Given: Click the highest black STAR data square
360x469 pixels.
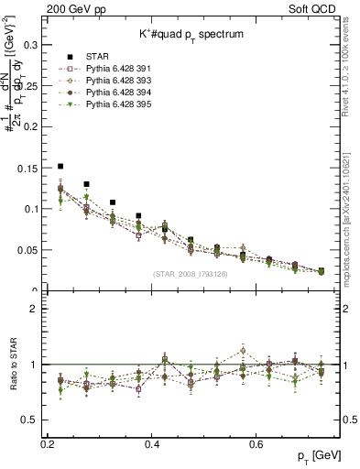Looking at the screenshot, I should coord(60,167).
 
